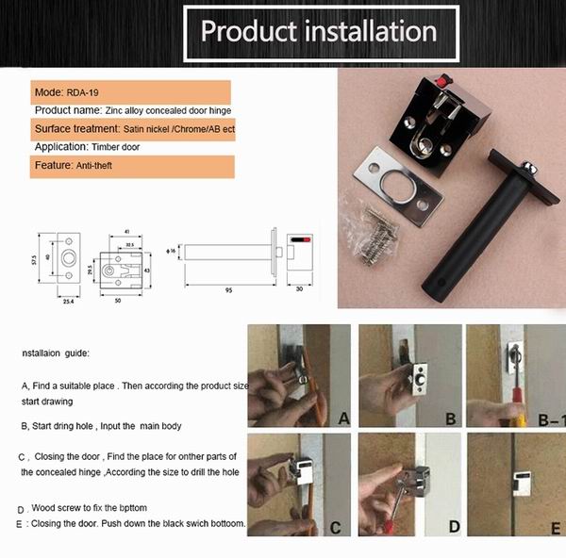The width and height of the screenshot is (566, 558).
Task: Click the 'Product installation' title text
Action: (319, 30)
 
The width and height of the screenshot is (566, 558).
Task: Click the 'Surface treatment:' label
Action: (76, 128)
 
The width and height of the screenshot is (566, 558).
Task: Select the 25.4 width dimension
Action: (67, 302)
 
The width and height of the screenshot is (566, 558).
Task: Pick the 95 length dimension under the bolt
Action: (228, 291)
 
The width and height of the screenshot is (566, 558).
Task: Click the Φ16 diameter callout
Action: (170, 251)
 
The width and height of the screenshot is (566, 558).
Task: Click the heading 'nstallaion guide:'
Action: (61, 353)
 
